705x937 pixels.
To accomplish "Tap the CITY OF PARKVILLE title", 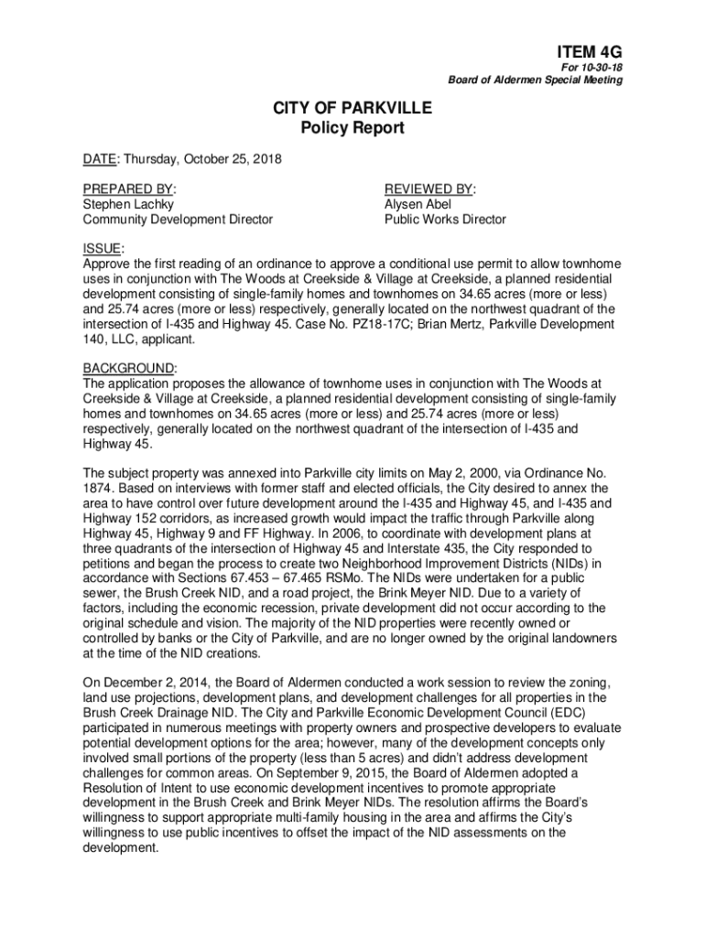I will click(x=352, y=110).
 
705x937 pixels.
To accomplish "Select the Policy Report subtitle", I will click(x=352, y=129).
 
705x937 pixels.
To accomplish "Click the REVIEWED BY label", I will click(x=430, y=189).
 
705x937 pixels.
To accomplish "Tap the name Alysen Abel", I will click(x=418, y=204).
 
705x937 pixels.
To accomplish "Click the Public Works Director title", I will click(x=445, y=220).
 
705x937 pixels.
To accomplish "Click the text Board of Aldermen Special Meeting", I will click(x=536, y=81).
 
